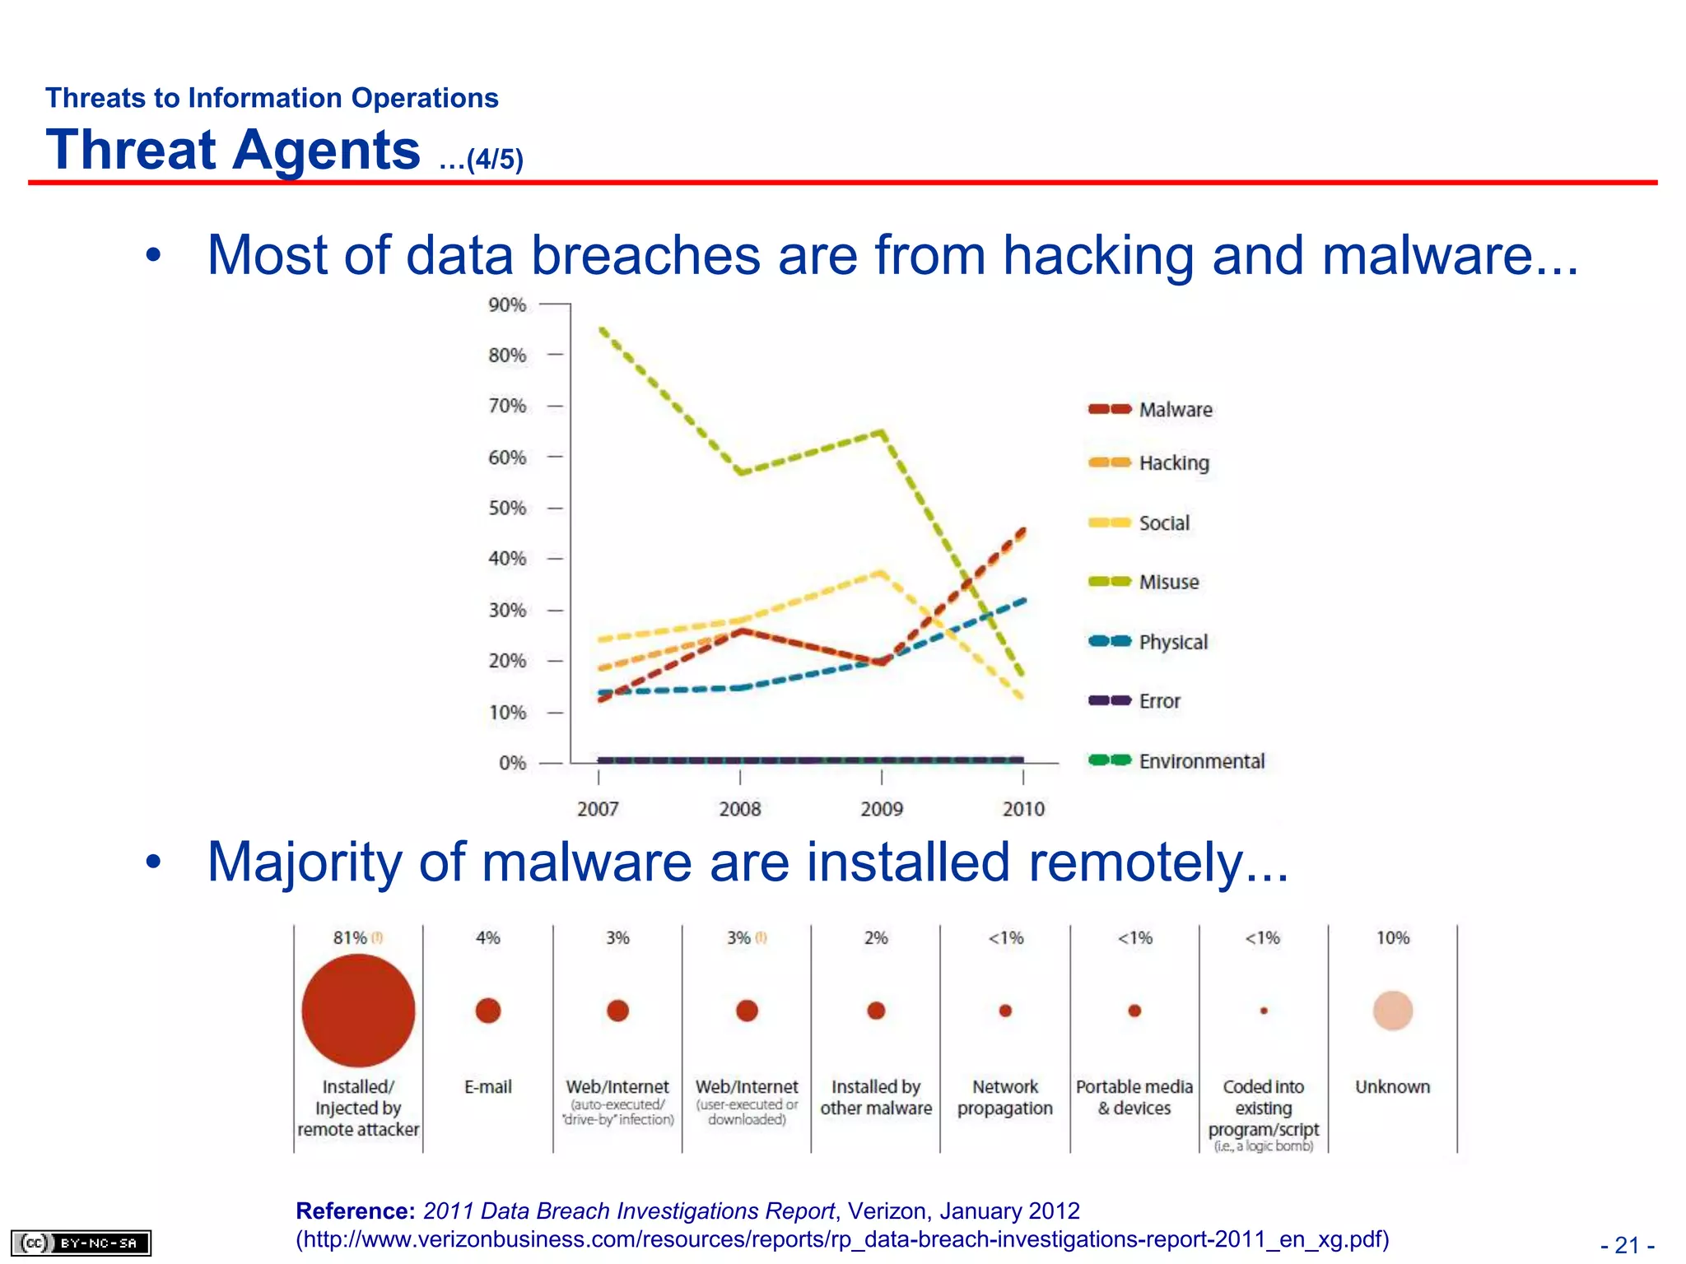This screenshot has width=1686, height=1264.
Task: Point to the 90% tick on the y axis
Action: [x=507, y=305]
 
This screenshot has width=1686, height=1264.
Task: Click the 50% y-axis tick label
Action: [x=507, y=508]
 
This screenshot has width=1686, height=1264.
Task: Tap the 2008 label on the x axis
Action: [x=740, y=809]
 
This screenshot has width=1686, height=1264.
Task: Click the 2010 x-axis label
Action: [x=1023, y=809]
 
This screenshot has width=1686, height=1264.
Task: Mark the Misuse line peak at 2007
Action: [x=602, y=329]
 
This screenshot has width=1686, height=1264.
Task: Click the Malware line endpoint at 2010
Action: [x=1023, y=531]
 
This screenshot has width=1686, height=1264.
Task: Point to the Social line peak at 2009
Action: [x=882, y=572]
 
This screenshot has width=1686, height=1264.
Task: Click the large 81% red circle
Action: [x=358, y=1011]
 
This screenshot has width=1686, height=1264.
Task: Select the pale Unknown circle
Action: [x=1392, y=1011]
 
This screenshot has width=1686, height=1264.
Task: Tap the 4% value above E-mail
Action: [x=487, y=938]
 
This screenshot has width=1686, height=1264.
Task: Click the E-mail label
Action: [x=487, y=1087]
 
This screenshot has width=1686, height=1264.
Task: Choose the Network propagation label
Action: [x=1005, y=1098]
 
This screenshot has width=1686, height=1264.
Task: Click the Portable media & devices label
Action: [x=1134, y=1098]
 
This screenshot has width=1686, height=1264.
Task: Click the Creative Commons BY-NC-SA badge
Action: [x=81, y=1243]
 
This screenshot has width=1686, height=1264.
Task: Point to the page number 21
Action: [x=1627, y=1245]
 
